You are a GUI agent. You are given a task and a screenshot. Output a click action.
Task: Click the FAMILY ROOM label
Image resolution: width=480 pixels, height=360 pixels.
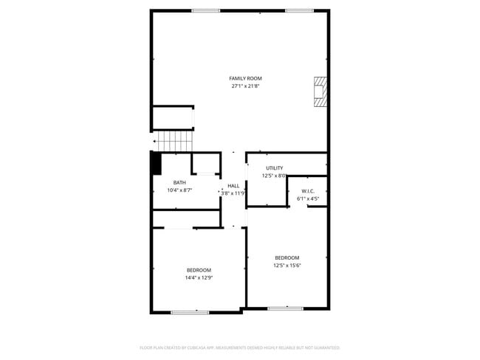click(245, 78)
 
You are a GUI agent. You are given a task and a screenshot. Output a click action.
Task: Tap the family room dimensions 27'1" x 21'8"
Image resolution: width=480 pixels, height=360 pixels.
click(245, 86)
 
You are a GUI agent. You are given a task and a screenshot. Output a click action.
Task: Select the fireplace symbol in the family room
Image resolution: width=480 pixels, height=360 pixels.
click(319, 92)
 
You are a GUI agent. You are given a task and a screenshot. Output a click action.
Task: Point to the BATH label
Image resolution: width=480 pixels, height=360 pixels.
click(179, 183)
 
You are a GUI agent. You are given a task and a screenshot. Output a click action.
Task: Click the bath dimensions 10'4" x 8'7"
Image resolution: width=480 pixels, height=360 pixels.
click(179, 190)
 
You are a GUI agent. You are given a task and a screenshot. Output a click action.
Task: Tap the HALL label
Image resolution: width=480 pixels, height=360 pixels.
click(233, 186)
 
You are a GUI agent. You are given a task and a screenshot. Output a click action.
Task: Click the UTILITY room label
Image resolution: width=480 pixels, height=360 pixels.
click(274, 168)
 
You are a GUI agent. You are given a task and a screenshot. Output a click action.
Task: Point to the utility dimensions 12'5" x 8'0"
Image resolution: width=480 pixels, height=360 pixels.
click(274, 176)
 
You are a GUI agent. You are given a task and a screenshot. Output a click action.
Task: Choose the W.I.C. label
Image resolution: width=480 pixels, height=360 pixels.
click(308, 190)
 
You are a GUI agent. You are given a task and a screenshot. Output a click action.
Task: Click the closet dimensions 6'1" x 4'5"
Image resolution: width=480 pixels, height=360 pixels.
click(308, 198)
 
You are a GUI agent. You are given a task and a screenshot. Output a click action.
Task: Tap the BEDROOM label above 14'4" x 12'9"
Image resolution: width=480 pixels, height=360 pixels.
click(199, 270)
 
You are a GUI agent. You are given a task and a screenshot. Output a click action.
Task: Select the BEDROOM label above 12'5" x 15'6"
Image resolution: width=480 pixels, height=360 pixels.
click(287, 257)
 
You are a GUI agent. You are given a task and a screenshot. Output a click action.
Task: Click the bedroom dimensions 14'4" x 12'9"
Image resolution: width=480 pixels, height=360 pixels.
click(199, 277)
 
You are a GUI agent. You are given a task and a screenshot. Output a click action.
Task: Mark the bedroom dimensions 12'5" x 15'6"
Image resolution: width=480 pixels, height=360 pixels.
click(287, 265)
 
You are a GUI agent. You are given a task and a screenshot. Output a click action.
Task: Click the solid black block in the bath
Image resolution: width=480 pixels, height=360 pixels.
click(157, 163)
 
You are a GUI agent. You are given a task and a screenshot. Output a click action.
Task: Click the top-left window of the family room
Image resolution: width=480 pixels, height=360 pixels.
click(205, 10)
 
